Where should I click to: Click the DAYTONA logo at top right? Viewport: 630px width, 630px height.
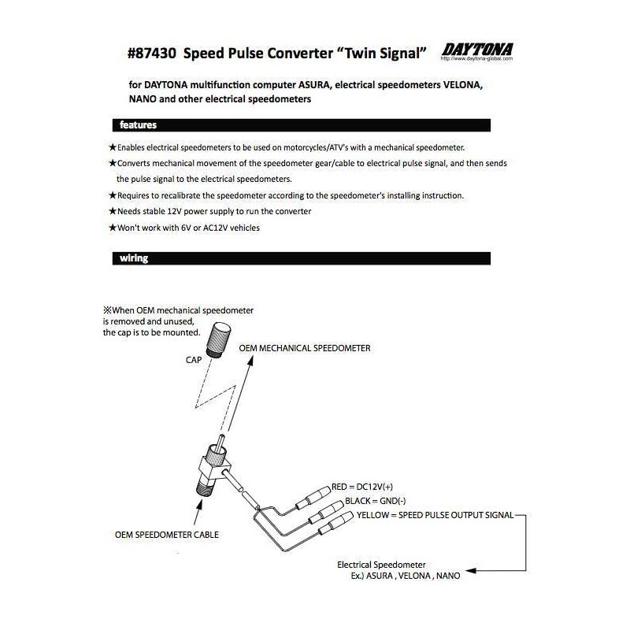click(x=477, y=49)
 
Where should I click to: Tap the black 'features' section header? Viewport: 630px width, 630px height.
click(x=138, y=124)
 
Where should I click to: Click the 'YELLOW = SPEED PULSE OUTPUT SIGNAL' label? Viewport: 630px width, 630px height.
click(x=434, y=515)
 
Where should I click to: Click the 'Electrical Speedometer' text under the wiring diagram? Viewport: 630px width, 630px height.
click(x=381, y=565)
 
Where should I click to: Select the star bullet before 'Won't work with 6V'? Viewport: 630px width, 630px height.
click(x=113, y=228)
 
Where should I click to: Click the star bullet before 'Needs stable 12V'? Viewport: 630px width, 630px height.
click(x=113, y=212)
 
